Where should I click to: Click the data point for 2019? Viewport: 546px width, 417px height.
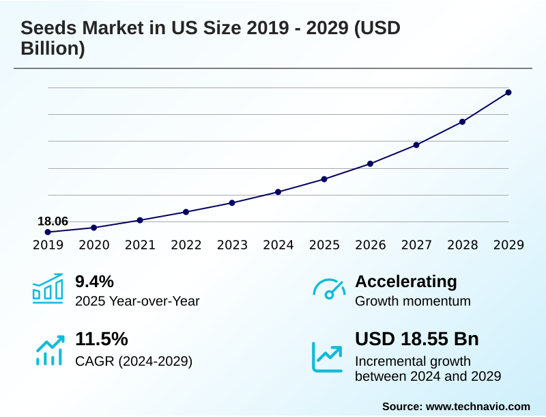(48, 232)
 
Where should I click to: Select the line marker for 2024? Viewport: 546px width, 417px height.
(278, 192)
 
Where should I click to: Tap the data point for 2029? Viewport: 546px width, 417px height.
(508, 92)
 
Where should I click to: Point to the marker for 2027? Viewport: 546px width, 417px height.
(416, 145)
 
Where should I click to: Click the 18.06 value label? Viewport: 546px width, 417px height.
(53, 221)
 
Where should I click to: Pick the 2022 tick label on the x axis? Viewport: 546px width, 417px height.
(186, 245)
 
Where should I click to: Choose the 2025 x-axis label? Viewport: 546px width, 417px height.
(324, 245)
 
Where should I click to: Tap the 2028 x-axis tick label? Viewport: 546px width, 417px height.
(462, 245)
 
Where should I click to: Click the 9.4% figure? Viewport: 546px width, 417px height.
(94, 282)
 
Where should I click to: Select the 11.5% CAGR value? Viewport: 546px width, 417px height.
(101, 339)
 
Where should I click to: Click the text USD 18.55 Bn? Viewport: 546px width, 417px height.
(417, 339)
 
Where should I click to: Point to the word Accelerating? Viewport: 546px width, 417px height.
(406, 282)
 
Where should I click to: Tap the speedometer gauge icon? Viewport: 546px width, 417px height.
(329, 289)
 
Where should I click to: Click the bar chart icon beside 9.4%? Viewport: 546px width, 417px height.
(48, 288)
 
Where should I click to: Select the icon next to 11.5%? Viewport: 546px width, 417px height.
(49, 349)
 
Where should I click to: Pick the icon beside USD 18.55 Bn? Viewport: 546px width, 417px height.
(328, 356)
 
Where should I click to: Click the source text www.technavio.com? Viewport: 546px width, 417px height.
(478, 406)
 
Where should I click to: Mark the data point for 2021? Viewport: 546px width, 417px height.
(140, 220)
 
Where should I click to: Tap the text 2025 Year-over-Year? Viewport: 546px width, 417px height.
(137, 301)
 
